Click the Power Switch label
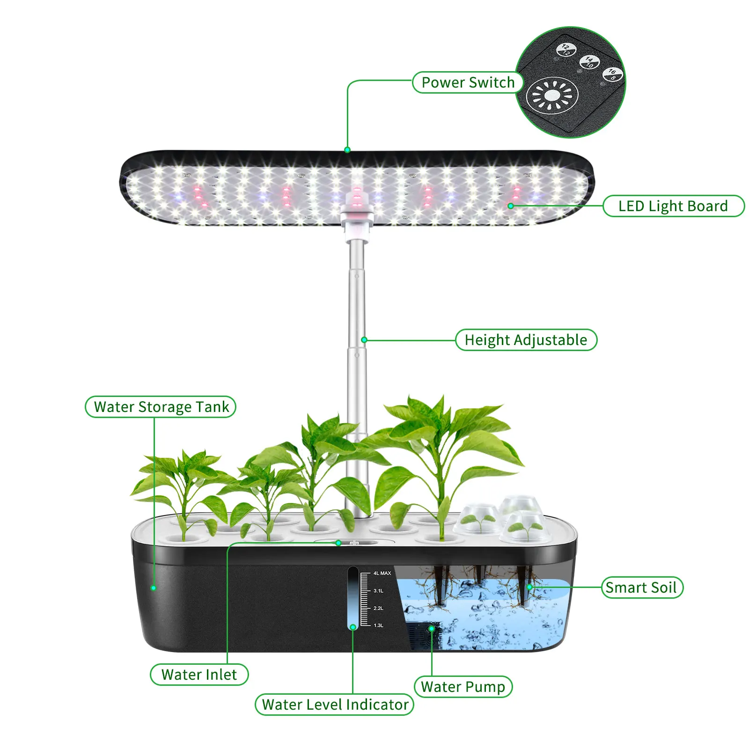pyautogui.click(x=468, y=82)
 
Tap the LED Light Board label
pyautogui.click(x=673, y=206)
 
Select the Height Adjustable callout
pyautogui.click(x=526, y=340)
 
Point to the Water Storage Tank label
pyautogui.click(x=161, y=407)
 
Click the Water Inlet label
pyautogui.click(x=199, y=675)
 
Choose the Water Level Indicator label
pyautogui.click(x=335, y=705)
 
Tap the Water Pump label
pyautogui.click(x=463, y=687)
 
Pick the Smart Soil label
pyautogui.click(x=641, y=587)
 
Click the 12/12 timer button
pyautogui.click(x=566, y=50)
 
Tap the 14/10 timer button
pyautogui.click(x=589, y=62)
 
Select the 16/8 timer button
pyautogui.click(x=612, y=74)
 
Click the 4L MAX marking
pyautogui.click(x=382, y=573)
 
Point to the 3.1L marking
pyautogui.click(x=378, y=591)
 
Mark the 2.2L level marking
pyautogui.click(x=378, y=608)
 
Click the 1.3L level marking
pyautogui.click(x=378, y=625)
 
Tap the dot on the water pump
pyautogui.click(x=432, y=629)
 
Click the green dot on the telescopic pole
pyautogui.click(x=364, y=340)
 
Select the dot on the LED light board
pyautogui.click(x=511, y=206)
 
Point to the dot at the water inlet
pyautogui.click(x=338, y=543)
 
